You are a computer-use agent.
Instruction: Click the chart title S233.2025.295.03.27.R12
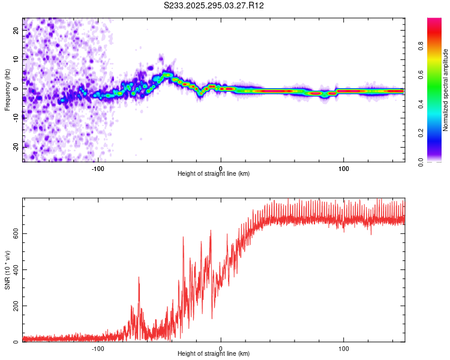click(x=214, y=5)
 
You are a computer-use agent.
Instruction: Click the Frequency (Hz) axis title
click(x=8, y=89)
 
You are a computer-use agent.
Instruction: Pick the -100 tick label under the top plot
click(x=98, y=168)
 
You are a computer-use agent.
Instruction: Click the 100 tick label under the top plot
click(x=344, y=168)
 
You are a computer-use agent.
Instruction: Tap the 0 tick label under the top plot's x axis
click(x=221, y=168)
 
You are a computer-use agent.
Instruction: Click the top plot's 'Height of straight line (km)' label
click(x=214, y=174)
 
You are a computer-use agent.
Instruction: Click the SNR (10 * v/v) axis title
click(x=8, y=270)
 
